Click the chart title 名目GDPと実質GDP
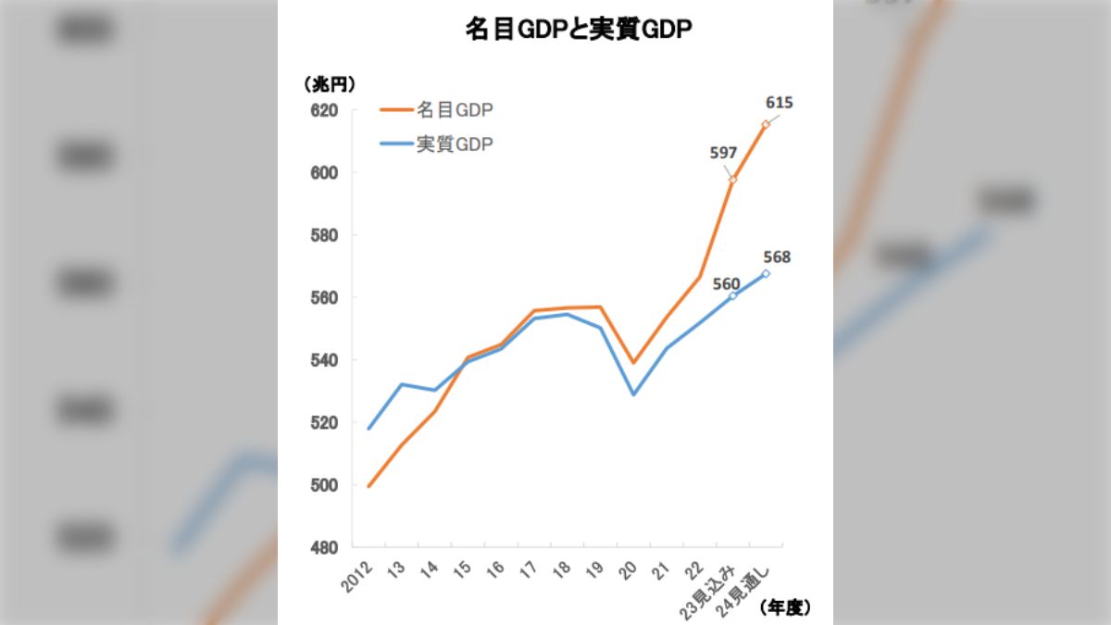coord(579,31)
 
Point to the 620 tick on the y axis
coord(323,110)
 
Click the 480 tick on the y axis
coord(323,547)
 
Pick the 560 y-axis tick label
coord(323,298)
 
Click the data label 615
coord(779,103)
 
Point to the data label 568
coord(777,257)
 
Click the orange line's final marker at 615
coord(766,124)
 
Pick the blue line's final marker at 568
coord(766,273)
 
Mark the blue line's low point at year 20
coord(633,394)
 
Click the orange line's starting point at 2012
coord(369,486)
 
